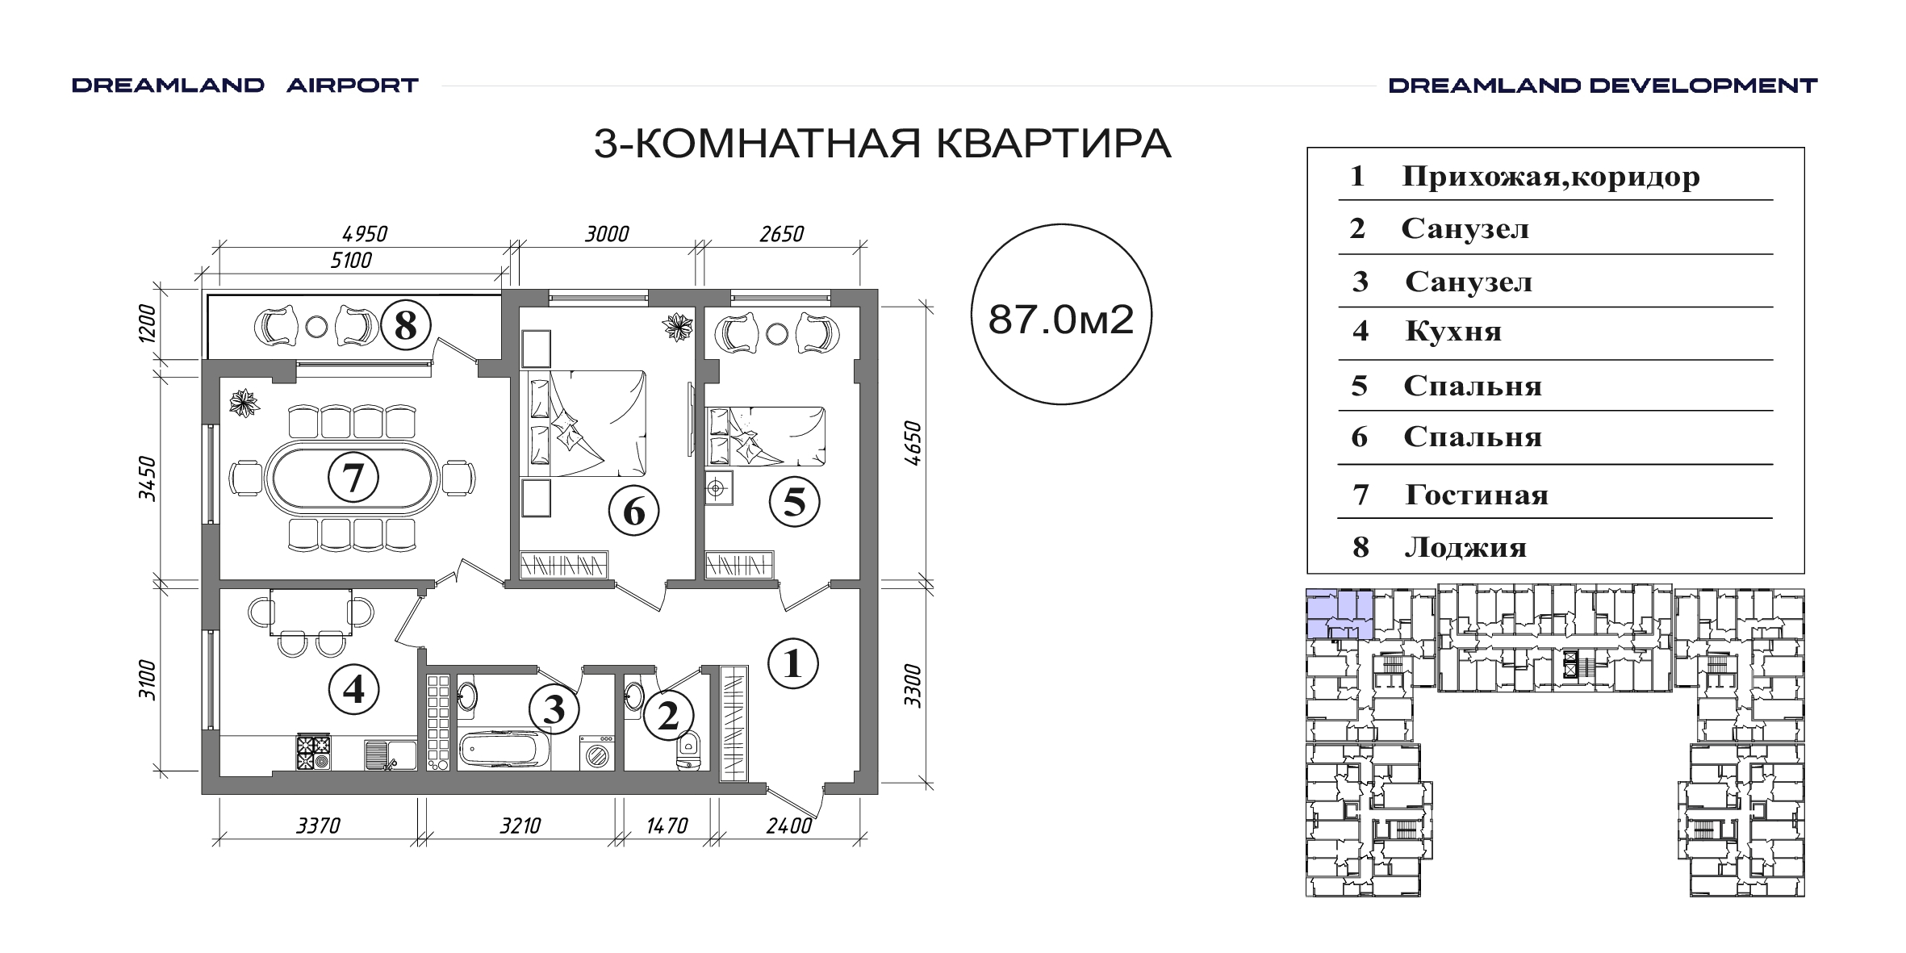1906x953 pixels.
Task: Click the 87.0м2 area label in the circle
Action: point(1061,320)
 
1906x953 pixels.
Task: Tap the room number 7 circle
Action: point(353,478)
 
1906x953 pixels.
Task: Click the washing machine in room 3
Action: point(598,752)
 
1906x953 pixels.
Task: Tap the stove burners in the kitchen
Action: point(314,752)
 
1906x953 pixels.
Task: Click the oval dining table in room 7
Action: point(353,478)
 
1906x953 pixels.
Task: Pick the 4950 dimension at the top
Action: point(365,234)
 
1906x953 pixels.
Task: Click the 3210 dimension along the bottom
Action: point(520,826)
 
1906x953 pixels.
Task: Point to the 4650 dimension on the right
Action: point(913,443)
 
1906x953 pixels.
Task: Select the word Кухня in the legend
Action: point(1453,332)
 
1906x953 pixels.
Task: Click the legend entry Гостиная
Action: point(1477,494)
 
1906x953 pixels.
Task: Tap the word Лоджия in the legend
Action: point(1465,547)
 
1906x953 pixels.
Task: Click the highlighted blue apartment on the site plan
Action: point(1340,614)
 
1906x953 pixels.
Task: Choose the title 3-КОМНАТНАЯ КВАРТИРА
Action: point(882,144)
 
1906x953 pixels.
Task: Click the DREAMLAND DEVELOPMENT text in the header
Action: point(1603,86)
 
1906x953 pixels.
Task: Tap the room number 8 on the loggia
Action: point(405,325)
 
